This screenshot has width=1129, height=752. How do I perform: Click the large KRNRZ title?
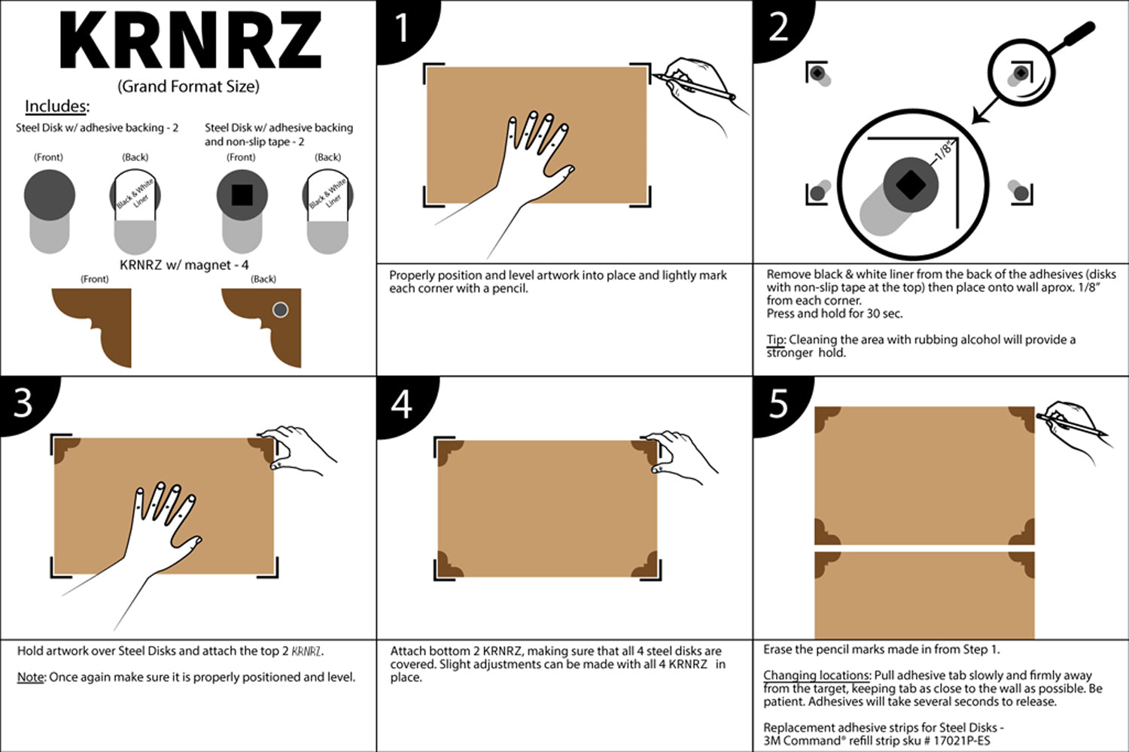190,41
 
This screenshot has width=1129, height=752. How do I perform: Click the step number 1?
402,29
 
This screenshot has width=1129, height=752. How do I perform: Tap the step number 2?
779,27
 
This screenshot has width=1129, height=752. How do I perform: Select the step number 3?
23,403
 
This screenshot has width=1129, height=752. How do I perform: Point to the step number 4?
402,404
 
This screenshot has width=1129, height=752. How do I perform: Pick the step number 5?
779,404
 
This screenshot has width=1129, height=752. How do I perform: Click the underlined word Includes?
56,106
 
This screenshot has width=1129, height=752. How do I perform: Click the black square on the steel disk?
242,195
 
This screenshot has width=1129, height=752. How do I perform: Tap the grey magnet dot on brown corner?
280,310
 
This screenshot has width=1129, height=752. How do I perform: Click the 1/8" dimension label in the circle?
942,152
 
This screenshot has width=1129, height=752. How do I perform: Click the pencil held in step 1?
692,86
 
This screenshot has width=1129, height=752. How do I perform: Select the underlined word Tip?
775,340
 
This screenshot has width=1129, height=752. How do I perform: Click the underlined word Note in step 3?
30,678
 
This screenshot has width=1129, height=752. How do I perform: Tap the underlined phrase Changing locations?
817,675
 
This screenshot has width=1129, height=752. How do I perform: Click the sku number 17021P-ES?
962,741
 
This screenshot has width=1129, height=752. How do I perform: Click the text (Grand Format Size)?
188,86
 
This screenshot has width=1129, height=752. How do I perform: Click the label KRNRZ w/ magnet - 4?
184,265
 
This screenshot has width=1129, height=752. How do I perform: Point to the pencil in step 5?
1073,425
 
